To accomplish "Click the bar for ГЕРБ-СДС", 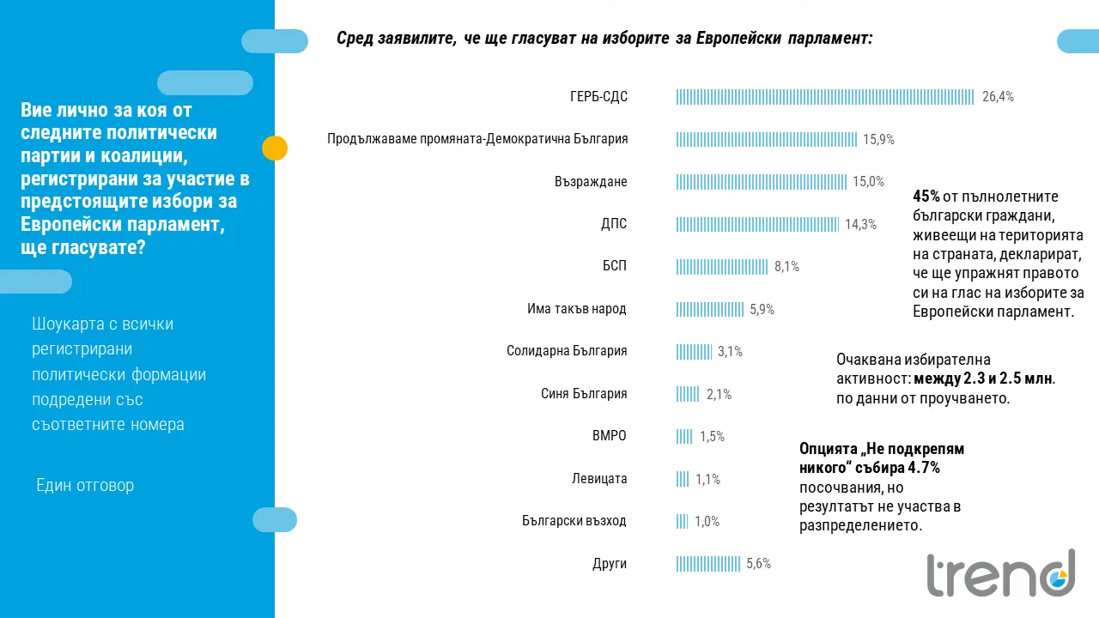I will (825, 97).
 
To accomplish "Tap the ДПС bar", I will (757, 224).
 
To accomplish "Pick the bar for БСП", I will (722, 267).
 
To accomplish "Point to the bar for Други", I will (708, 564).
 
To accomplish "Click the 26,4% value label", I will (998, 97).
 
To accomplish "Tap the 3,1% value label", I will (730, 351).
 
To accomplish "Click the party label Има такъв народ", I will (576, 309).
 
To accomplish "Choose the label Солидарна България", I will (567, 351).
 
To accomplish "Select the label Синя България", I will (584, 394).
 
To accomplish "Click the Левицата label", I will (599, 479).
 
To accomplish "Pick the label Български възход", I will (574, 521).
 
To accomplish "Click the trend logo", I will (1000, 574).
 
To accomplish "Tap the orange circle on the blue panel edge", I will (274, 148).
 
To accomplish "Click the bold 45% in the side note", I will (926, 197).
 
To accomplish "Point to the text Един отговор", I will (85, 486).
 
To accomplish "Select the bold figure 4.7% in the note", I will (924, 468).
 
